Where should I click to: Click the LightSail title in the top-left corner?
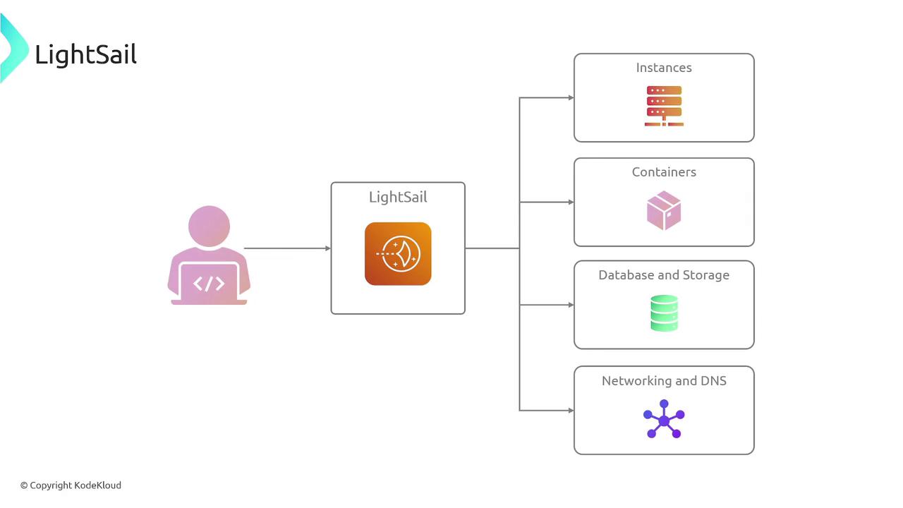(x=85, y=54)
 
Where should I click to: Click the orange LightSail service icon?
(x=398, y=254)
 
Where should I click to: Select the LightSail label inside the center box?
(x=398, y=198)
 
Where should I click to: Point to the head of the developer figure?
(x=209, y=226)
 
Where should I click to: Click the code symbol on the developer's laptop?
(x=209, y=284)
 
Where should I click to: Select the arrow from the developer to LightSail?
(x=286, y=248)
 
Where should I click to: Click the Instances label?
(x=664, y=68)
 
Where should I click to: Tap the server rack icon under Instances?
(x=664, y=106)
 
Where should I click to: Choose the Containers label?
(x=664, y=172)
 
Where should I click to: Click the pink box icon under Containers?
(x=664, y=210)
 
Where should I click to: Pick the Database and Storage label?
(x=664, y=275)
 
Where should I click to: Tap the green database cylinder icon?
(x=664, y=313)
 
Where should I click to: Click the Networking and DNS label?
(x=664, y=381)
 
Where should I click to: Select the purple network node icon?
(x=664, y=420)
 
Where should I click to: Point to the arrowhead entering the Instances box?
(x=571, y=98)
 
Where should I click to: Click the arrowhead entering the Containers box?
(x=571, y=202)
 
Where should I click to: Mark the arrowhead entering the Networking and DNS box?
(x=571, y=410)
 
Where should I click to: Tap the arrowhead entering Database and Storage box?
(x=571, y=305)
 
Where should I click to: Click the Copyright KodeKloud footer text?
(x=71, y=485)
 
